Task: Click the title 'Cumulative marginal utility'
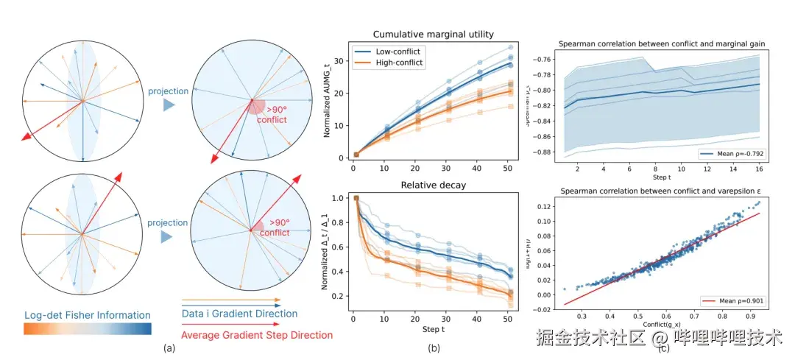(433, 35)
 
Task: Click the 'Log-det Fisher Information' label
(86, 316)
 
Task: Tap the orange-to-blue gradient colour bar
(88, 329)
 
